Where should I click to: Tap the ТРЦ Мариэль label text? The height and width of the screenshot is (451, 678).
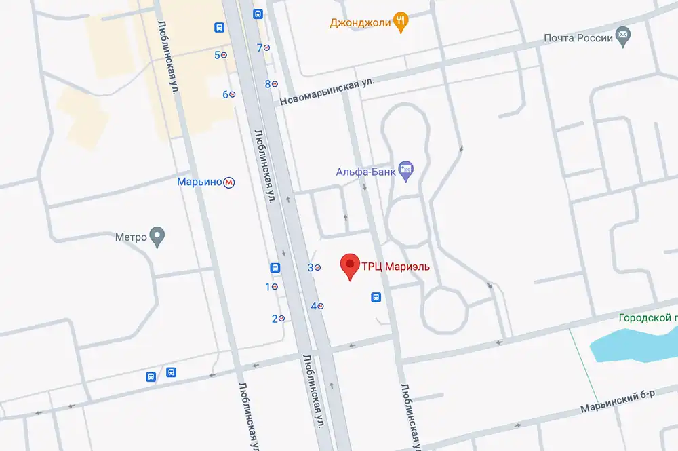coord(395,267)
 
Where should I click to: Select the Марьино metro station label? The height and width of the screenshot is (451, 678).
coord(200,182)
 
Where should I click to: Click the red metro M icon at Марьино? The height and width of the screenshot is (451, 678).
coord(231,182)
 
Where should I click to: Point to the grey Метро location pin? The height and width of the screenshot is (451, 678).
coord(157,237)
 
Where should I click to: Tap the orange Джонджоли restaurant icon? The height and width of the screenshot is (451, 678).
coord(401,22)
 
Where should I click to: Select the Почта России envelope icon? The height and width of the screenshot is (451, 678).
coord(622,36)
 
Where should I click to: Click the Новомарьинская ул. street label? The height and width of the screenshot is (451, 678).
coord(328,90)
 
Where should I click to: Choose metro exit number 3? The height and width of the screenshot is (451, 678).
coord(314,268)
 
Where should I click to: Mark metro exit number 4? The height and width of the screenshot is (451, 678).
coord(317,306)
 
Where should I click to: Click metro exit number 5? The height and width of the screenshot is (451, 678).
coord(221,55)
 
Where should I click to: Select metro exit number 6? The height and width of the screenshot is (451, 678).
coord(229,94)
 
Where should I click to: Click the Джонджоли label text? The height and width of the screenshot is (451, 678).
coord(360,22)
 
